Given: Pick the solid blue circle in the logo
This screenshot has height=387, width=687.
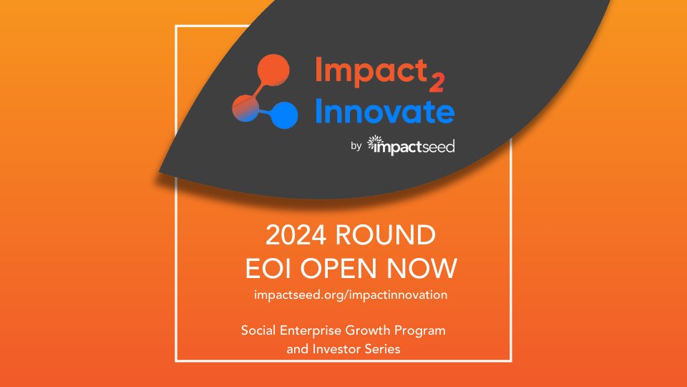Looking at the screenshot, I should [x=286, y=114].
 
